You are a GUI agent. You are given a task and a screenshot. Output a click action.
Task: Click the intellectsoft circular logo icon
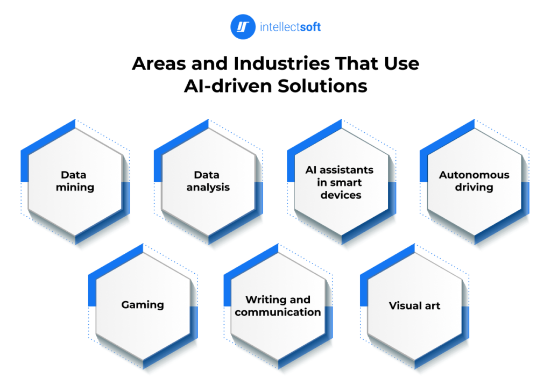(243, 26)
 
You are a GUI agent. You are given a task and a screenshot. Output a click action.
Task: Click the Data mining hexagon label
(75, 181)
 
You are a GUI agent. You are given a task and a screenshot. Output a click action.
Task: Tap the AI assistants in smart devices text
(340, 182)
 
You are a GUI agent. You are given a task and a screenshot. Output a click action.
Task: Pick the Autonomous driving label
(474, 181)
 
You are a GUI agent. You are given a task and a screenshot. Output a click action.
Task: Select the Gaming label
(143, 305)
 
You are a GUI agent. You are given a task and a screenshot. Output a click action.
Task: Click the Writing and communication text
(278, 306)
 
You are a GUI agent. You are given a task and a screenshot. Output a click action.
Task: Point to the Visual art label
(414, 306)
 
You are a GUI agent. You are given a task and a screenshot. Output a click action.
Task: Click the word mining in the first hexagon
(75, 188)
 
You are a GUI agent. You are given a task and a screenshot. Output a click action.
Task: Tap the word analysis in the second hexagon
(208, 188)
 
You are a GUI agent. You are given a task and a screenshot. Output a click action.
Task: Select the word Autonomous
(474, 175)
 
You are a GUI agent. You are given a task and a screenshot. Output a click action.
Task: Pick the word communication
(278, 312)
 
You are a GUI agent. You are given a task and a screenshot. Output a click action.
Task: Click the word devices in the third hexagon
(340, 195)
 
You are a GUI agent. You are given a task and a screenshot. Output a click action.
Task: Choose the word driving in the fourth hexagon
(474, 188)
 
